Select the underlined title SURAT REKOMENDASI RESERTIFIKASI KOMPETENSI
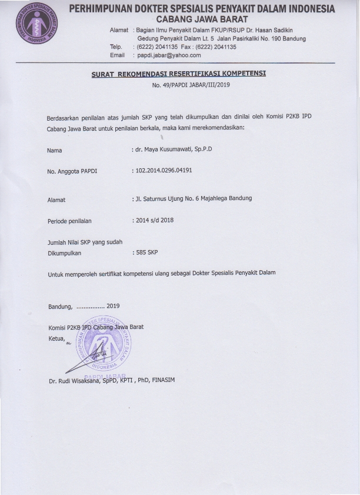click(x=179, y=74)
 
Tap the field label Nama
click(x=55, y=151)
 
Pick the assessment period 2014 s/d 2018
click(x=157, y=221)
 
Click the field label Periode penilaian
click(x=69, y=222)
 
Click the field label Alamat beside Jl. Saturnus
click(x=56, y=200)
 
